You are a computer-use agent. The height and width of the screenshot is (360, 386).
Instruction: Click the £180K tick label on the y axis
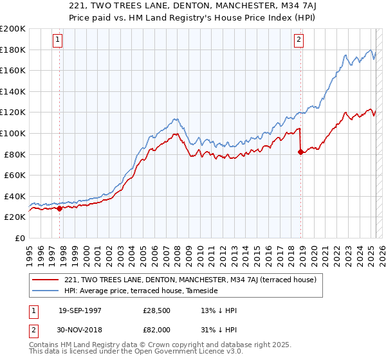[x=13, y=50]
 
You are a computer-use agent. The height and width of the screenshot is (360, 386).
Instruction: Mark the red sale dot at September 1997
[x=60, y=208]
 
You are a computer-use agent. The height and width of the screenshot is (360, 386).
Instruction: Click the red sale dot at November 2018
[x=301, y=152]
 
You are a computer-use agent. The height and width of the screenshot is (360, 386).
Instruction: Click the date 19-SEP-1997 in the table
[x=79, y=310]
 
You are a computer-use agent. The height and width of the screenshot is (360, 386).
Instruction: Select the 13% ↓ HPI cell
[x=219, y=310]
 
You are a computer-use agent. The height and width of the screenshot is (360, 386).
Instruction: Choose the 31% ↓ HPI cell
[x=219, y=328]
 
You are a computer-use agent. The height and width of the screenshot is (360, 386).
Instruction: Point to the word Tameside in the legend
[x=203, y=291]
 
